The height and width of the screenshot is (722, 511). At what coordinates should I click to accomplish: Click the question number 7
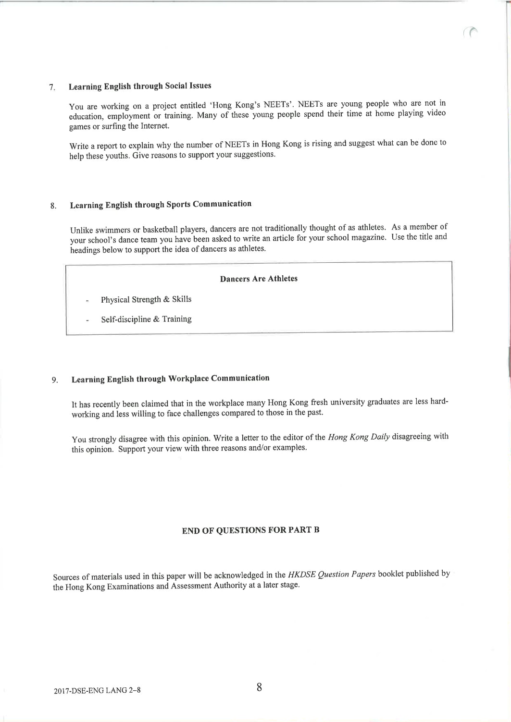pos(52,87)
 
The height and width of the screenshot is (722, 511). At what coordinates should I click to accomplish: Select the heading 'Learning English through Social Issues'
pos(140,86)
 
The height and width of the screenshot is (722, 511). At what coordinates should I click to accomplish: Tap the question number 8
pos(53,207)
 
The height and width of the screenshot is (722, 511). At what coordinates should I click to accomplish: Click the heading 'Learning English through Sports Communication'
pos(161,205)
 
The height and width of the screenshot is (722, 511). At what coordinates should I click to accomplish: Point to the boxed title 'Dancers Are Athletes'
pos(259,279)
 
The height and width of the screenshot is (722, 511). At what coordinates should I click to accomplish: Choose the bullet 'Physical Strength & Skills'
pos(146,299)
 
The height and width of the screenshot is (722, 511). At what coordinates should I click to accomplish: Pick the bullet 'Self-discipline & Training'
pos(146,319)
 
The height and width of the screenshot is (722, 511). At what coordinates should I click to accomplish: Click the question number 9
pos(55,380)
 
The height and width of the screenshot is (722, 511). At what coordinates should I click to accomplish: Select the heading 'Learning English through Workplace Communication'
pos(170,379)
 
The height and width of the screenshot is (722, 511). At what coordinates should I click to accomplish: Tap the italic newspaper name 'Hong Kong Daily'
pos(359,437)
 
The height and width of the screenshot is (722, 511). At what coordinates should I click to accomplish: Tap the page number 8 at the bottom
pos(259,687)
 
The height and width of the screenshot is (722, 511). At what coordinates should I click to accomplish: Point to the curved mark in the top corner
pos(474,32)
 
